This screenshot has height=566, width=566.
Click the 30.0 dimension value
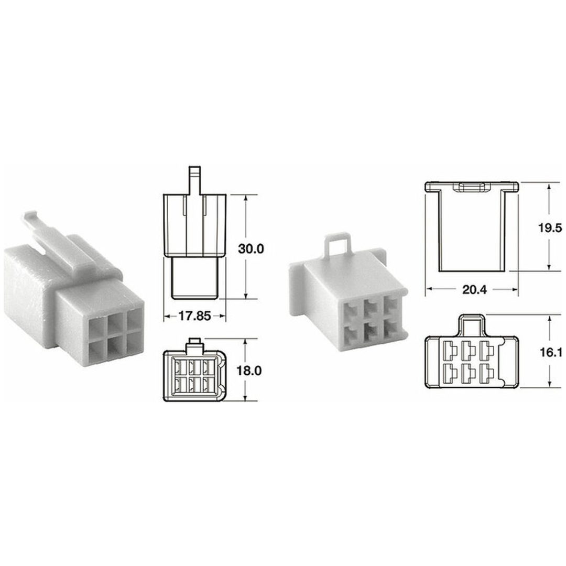[251, 249]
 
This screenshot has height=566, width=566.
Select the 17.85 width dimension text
[194, 316]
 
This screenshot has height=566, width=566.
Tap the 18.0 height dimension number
[249, 371]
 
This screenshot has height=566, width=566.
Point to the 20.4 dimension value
[474, 289]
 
